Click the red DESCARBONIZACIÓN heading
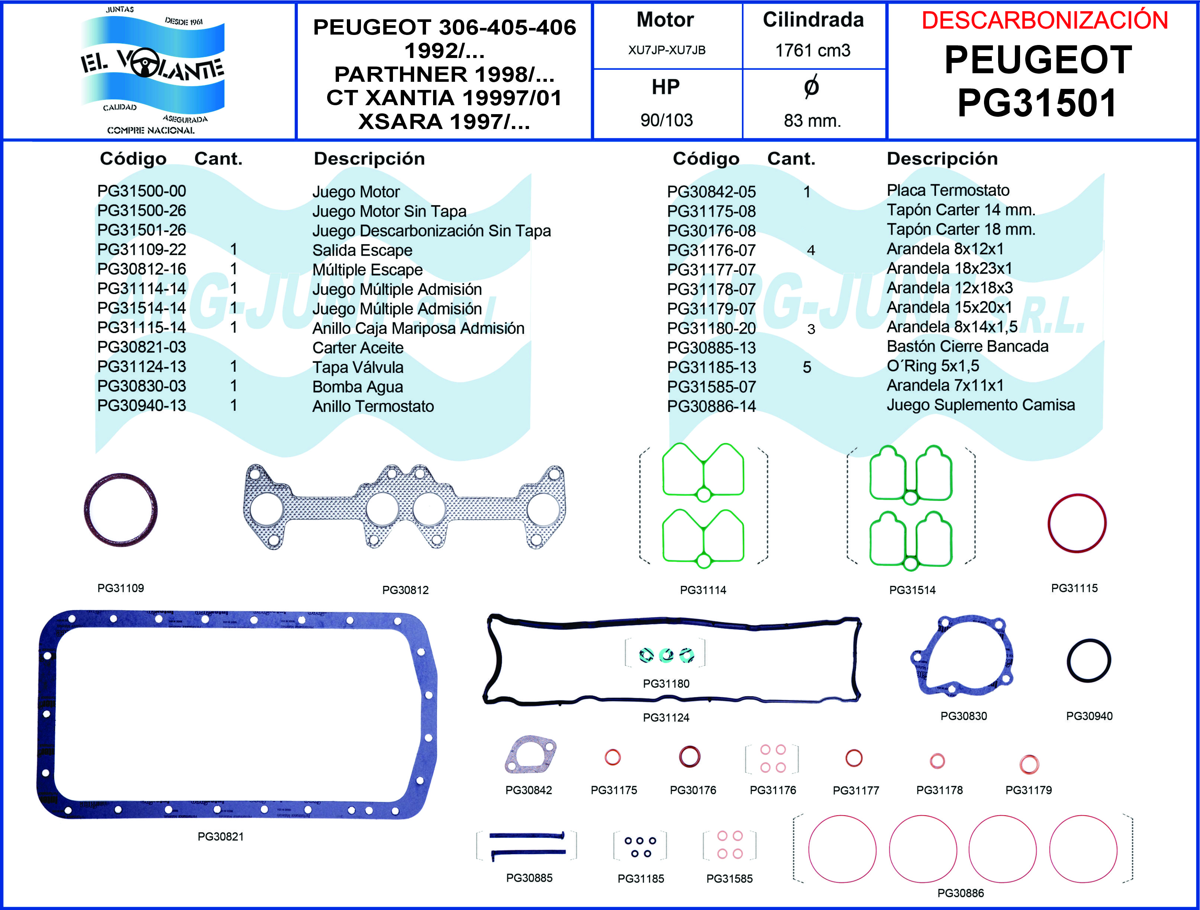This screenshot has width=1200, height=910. click(1044, 20)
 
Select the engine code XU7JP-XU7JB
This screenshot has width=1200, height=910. click(667, 51)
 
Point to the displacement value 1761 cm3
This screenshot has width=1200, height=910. click(812, 51)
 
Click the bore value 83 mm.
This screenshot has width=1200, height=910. click(812, 120)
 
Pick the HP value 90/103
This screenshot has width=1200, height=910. click(667, 120)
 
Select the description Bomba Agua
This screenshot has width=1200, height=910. click(358, 387)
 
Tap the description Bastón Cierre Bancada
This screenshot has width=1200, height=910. click(967, 346)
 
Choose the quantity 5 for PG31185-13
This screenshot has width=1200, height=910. click(807, 368)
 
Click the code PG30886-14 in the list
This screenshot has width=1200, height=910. click(711, 406)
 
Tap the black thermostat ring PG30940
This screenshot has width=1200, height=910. click(1089, 661)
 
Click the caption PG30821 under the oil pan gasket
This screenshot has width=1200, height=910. click(220, 837)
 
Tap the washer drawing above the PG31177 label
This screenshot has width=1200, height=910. click(854, 758)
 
